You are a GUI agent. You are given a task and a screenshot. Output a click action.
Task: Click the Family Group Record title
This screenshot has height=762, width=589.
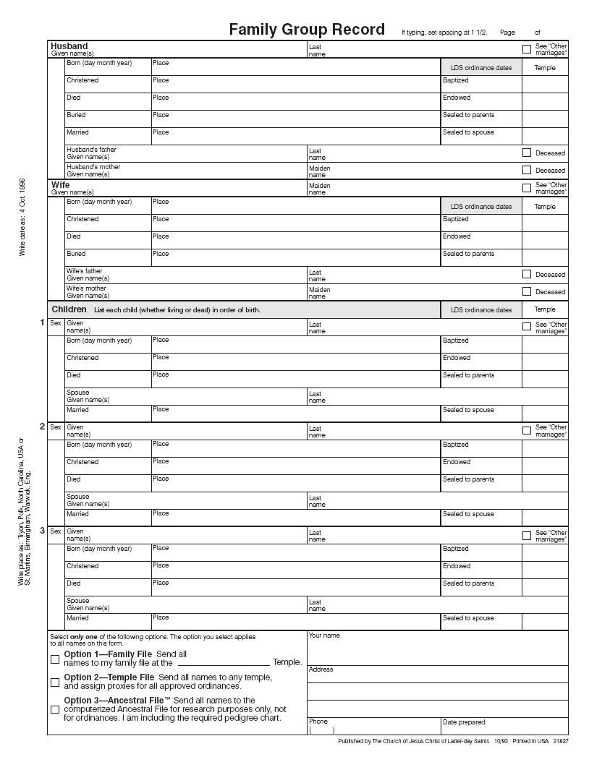point(307,30)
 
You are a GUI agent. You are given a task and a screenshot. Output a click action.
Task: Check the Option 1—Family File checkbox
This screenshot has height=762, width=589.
point(55,659)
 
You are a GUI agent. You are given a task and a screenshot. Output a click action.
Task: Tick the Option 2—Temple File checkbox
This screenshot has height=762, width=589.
point(55,682)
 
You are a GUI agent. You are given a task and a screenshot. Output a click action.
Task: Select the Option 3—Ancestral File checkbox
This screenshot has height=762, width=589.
point(55,709)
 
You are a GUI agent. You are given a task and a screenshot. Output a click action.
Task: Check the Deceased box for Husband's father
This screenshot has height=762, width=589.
point(527,153)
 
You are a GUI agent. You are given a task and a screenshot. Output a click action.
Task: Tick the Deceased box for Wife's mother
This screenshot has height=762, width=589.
point(527,291)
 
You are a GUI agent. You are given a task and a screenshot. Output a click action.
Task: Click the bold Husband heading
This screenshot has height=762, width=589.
point(69,46)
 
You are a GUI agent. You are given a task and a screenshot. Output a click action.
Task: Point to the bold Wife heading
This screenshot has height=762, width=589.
point(61,185)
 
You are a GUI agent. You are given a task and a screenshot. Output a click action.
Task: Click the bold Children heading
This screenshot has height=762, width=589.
point(69,309)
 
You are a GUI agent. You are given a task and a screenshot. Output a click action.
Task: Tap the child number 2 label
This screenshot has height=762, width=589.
point(42,427)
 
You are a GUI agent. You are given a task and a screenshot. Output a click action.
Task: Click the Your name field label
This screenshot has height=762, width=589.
point(324,635)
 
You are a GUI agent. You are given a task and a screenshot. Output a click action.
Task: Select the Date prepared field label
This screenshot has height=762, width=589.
point(464,722)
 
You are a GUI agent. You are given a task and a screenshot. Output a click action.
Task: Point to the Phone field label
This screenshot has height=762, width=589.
point(318,722)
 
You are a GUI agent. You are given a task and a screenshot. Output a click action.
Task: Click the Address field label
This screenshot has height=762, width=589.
point(321,669)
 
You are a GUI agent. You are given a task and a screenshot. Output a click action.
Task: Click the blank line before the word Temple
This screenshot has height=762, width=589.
point(223,662)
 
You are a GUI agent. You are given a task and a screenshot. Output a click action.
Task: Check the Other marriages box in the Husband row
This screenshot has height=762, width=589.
point(527,49)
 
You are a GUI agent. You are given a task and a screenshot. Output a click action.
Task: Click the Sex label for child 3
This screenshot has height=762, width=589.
point(56,531)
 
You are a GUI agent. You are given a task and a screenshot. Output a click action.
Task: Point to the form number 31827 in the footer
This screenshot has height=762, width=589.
point(561,742)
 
